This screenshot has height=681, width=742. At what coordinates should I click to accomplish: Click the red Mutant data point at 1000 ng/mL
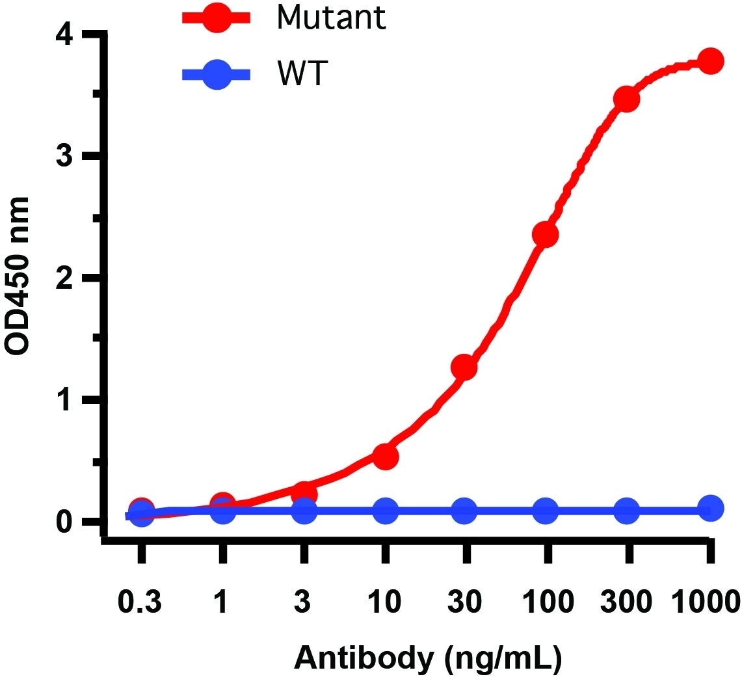pos(710,61)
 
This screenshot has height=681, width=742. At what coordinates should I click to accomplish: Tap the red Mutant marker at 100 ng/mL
pos(545,234)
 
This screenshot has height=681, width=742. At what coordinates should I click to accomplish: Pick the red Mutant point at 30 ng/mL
pos(464,367)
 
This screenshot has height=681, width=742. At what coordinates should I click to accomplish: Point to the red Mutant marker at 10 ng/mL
pos(385,457)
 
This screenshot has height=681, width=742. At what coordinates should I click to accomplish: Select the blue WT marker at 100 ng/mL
pos(545,511)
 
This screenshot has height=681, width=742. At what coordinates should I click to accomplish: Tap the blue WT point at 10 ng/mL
pos(385,511)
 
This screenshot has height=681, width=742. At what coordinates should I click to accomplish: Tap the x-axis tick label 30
pos(466,602)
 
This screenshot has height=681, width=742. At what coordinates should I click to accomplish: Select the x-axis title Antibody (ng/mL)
pos(428,658)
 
